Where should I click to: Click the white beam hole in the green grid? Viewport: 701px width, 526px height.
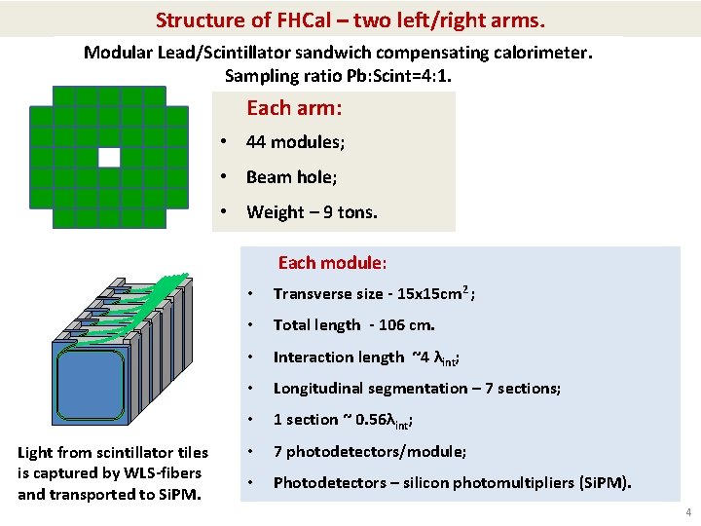108,158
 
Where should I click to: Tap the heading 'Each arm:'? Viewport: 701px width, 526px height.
293,107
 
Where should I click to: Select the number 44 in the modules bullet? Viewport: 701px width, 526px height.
256,142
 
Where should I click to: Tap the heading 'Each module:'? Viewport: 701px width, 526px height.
332,263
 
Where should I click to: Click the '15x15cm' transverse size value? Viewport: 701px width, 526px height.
432,294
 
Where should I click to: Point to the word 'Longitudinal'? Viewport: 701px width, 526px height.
319,389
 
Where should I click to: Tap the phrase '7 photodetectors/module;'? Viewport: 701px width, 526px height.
369,452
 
